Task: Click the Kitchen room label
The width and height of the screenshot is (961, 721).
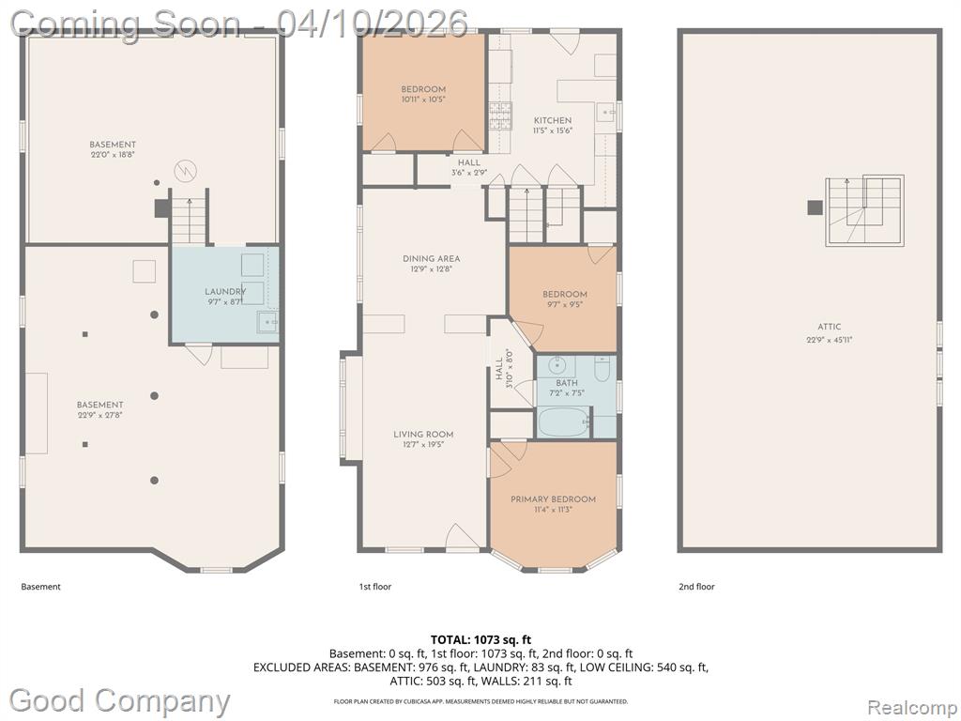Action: coord(553,120)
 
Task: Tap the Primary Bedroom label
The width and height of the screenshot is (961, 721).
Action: coord(553,499)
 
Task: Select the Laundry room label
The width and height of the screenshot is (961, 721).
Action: coord(225,291)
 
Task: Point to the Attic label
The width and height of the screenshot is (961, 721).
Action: coord(830,327)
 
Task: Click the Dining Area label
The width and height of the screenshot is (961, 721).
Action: coord(431,259)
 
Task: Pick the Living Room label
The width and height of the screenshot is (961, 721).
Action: coord(423,434)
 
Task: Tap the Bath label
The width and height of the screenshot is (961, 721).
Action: coord(567,383)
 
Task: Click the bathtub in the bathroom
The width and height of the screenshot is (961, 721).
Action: coord(563,422)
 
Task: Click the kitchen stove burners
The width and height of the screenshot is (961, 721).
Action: coord(499,115)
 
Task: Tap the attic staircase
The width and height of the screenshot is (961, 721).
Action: coord(864,211)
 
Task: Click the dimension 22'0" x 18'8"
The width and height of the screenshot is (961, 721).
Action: coord(113,155)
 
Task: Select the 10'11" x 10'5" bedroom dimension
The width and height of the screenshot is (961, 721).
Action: coord(423,100)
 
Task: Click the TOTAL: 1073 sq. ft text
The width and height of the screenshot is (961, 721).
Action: coord(480,640)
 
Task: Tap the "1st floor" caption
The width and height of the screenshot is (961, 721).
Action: coord(375,587)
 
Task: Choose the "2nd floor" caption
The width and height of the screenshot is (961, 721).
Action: coord(696,587)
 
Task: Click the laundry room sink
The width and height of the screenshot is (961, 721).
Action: coord(267,322)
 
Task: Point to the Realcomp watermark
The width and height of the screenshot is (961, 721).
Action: coord(912,707)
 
